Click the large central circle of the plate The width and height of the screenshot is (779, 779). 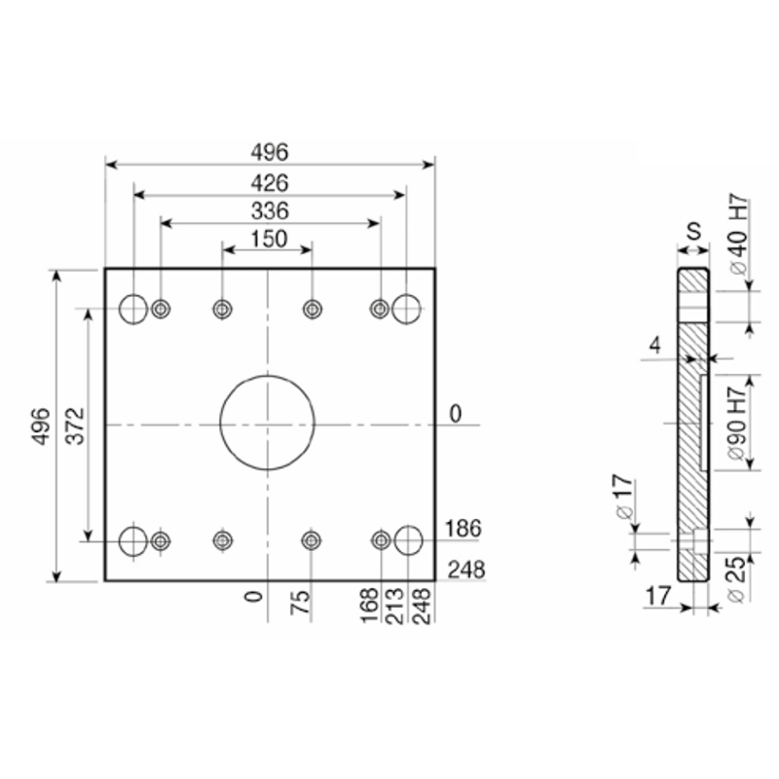pos(221,423)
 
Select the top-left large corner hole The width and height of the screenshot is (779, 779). pos(120,309)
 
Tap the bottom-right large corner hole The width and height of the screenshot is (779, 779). pos(395,540)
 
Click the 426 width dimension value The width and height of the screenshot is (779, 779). pos(270,183)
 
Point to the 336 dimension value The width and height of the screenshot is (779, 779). pos(270,211)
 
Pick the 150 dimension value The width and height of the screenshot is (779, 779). pos(270,239)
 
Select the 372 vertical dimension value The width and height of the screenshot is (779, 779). pos(76,427)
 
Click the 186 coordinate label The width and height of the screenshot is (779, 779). pos(464,529)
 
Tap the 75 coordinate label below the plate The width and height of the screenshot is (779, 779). pos(300,603)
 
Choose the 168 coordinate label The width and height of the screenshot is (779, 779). pos(369,605)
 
